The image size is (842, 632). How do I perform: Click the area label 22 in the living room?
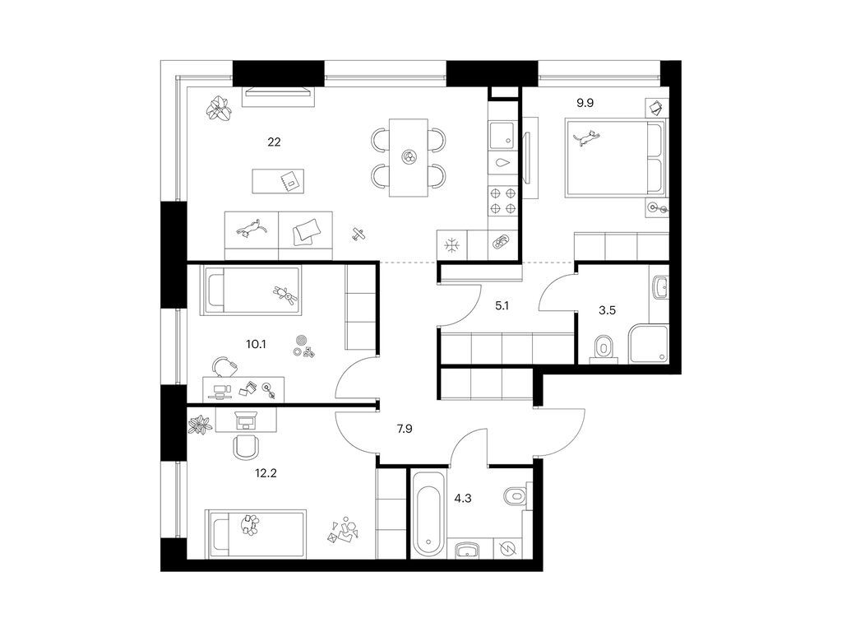coord(274,142)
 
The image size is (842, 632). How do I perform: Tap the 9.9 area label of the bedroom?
coord(585,103)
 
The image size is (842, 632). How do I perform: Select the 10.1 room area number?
coord(256,344)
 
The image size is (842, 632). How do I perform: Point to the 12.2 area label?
coord(266,473)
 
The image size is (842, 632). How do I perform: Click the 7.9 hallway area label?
coord(404,429)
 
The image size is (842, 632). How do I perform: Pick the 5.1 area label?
coord(502,306)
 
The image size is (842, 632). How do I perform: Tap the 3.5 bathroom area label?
coord(607,310)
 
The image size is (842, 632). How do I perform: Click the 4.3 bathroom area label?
coord(462,498)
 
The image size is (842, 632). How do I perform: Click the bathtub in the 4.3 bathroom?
coord(428,514)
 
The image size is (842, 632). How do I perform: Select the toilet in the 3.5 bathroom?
coord(604,348)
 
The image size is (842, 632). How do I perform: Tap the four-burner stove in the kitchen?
coord(502,201)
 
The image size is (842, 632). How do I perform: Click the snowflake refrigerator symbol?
coord(452,245)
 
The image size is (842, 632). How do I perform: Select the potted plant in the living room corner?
coord(219,109)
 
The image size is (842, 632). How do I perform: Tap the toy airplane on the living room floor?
coord(359,234)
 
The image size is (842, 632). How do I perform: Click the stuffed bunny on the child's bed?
coord(285,295)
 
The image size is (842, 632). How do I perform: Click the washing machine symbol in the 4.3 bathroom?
coord(507,548)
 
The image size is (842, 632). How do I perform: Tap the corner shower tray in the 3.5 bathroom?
coord(649,344)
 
